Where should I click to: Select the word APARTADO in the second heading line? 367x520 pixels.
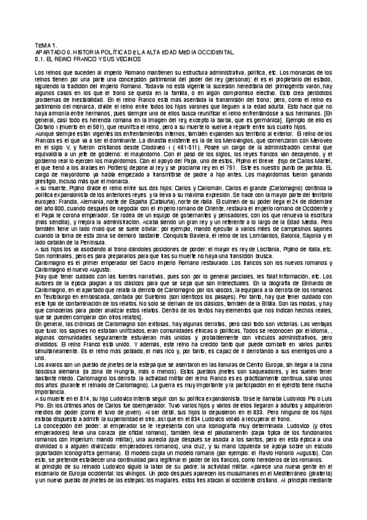click(51, 53)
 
